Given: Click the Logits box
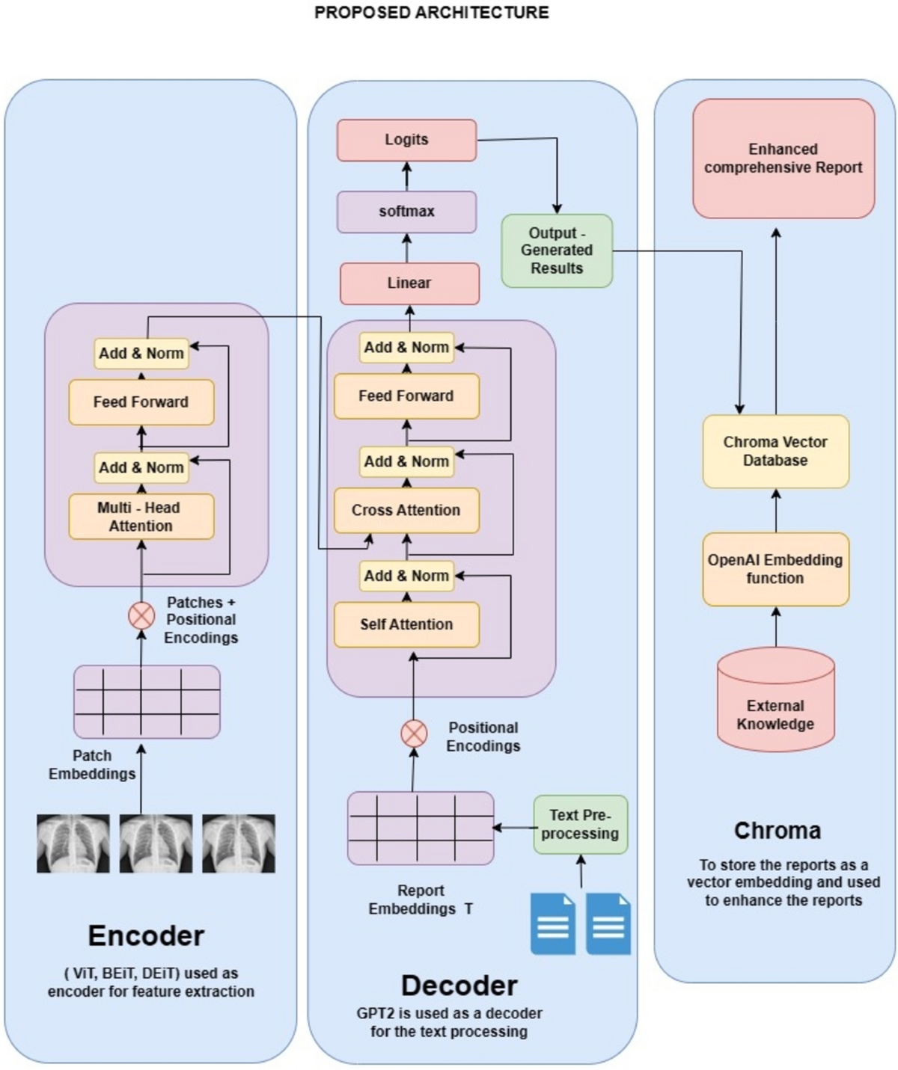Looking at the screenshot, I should (x=406, y=140).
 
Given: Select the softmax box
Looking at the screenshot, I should (x=406, y=212).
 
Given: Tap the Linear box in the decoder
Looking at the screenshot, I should (x=409, y=283).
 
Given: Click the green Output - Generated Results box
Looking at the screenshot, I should (x=557, y=250).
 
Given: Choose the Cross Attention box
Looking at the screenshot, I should (x=406, y=510).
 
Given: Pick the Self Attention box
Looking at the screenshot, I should (x=406, y=624).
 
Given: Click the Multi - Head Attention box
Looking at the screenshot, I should (x=141, y=517).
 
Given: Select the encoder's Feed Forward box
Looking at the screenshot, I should (x=141, y=402).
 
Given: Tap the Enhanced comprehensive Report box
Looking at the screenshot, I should (x=784, y=159).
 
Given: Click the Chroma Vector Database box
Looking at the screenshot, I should (x=775, y=452).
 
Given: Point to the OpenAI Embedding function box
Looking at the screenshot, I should (x=775, y=569).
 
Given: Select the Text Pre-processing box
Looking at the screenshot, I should (x=580, y=825).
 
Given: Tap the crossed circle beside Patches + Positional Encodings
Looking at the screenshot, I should (x=141, y=616).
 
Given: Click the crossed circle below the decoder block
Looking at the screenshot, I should (x=414, y=734).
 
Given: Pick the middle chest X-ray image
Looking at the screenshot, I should (x=156, y=843).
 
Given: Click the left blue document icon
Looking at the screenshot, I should (x=553, y=923).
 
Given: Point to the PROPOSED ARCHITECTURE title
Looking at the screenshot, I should (x=432, y=13).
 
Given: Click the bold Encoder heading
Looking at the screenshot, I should (x=146, y=936).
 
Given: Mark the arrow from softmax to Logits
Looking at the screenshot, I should (x=406, y=176).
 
